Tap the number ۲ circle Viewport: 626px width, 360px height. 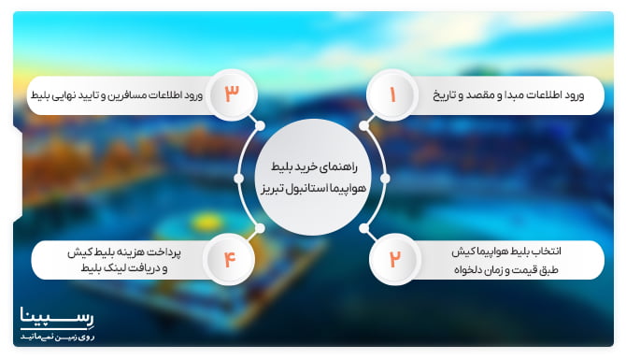(x=393, y=259)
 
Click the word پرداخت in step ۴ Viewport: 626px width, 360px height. (x=178, y=252)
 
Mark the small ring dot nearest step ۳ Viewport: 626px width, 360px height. (x=260, y=125)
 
